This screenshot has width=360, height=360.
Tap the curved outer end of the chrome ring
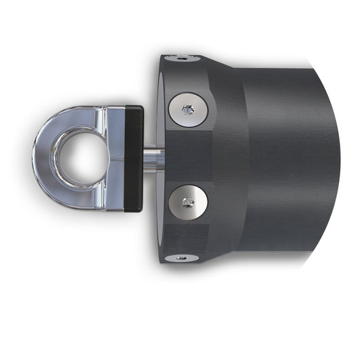point(42,158)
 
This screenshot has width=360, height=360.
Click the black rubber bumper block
point(134,158)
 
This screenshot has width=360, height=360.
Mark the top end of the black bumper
point(134,111)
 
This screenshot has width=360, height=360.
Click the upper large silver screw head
point(188,109)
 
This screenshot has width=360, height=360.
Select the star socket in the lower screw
point(190,201)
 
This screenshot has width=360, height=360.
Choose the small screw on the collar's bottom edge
point(181,257)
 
